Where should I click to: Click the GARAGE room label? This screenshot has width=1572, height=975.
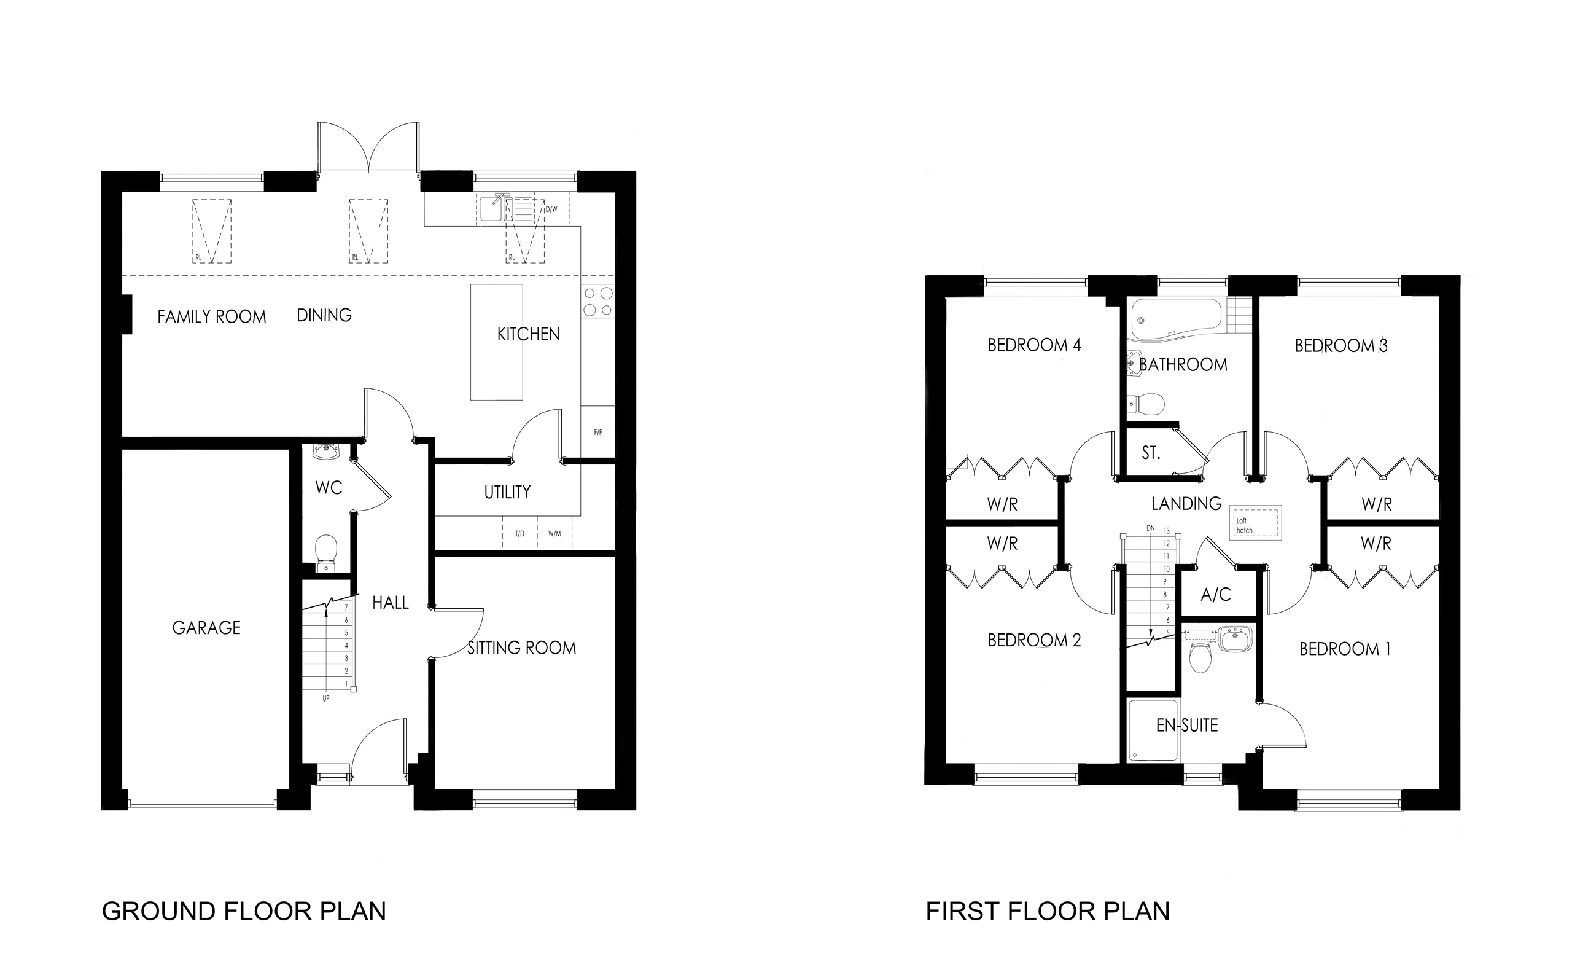tap(206, 627)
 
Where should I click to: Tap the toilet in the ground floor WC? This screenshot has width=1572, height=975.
tap(326, 551)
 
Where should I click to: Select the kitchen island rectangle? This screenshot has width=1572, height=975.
tap(496, 342)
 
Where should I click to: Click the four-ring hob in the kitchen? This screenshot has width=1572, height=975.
tap(597, 302)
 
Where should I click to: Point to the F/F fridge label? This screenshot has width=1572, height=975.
tap(597, 432)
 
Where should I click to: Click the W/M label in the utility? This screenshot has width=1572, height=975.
tap(554, 534)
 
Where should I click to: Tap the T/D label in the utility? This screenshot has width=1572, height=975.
tap(519, 534)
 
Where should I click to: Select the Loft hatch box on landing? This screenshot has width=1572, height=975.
tap(1256, 523)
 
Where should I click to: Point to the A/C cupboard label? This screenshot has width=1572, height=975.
tap(1216, 595)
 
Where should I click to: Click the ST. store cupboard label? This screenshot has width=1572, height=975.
tap(1151, 453)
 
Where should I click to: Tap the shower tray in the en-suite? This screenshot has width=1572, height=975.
tap(1153, 730)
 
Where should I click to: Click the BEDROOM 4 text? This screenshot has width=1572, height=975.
tap(1034, 345)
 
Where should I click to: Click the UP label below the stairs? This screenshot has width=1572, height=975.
tap(325, 699)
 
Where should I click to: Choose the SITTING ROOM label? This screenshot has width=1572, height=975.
tap(521, 648)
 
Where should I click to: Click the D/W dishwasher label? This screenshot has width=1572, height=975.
tap(551, 209)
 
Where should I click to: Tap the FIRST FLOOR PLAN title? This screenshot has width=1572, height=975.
tap(1048, 911)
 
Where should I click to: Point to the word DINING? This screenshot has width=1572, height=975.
tap(324, 315)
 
